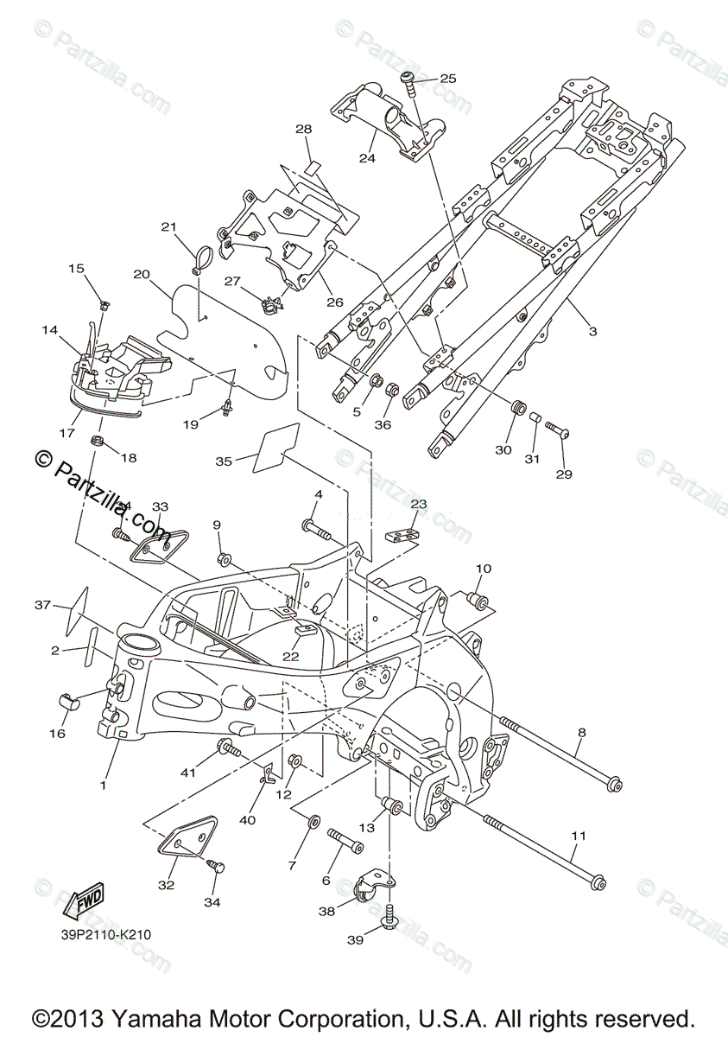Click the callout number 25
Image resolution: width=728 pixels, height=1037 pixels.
coord(447,79)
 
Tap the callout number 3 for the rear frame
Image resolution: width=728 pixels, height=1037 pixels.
coord(592,331)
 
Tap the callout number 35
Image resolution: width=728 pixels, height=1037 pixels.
coord(224,461)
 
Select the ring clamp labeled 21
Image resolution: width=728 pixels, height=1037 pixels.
coord(202,258)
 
